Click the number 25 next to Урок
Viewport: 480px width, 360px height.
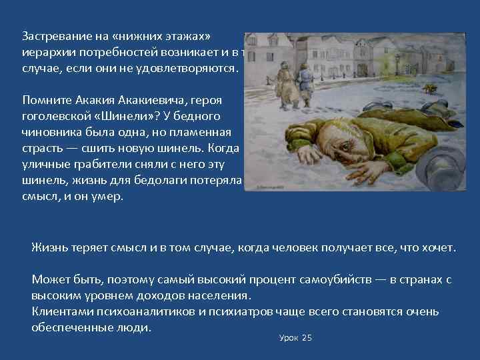coord(307,338)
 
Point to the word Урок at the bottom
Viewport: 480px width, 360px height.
coord(288,338)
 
